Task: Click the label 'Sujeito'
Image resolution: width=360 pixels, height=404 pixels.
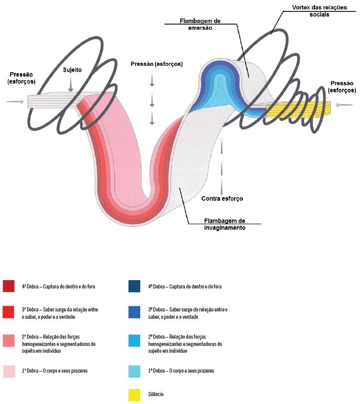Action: [72, 70]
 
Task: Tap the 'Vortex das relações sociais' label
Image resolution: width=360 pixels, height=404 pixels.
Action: [319, 11]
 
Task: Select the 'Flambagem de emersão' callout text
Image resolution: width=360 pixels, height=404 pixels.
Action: [200, 24]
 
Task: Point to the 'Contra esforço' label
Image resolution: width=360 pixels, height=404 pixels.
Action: [222, 199]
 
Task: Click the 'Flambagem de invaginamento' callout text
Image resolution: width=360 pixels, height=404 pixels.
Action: [224, 224]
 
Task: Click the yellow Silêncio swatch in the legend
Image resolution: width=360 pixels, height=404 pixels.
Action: [134, 395]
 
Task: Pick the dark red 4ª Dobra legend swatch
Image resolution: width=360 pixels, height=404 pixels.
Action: [8, 286]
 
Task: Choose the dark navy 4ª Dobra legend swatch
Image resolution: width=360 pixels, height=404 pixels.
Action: [134, 286]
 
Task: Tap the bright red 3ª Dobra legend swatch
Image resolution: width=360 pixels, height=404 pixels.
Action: [8, 312]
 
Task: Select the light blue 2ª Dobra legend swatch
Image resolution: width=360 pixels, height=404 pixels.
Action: [134, 341]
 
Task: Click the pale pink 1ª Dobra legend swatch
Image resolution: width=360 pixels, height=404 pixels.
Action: [9, 371]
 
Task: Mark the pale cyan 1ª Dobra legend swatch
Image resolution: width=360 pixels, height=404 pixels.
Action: [134, 371]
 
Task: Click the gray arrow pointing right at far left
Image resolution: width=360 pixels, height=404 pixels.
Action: [15, 102]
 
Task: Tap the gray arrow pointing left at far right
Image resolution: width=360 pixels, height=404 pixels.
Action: [344, 105]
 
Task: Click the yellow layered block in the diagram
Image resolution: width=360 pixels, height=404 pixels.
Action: [298, 110]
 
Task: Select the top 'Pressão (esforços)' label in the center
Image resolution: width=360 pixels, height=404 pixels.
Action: [156, 64]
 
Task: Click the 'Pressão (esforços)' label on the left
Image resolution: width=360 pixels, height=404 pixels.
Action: [21, 78]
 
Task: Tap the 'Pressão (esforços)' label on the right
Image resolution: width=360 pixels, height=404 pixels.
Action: [342, 87]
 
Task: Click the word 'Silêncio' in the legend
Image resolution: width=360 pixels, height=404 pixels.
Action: [156, 394]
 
